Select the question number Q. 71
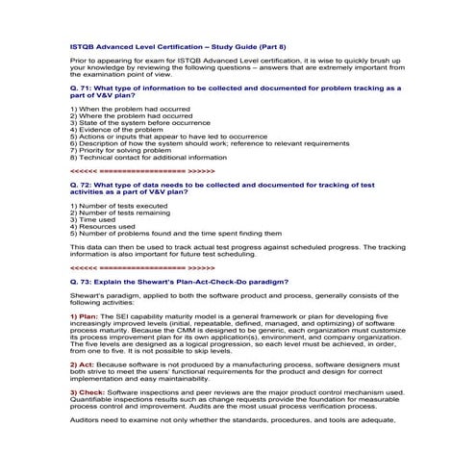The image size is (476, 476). tap(86, 88)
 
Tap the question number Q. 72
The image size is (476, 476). tap(86, 182)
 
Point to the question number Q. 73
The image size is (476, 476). tap(86, 281)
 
